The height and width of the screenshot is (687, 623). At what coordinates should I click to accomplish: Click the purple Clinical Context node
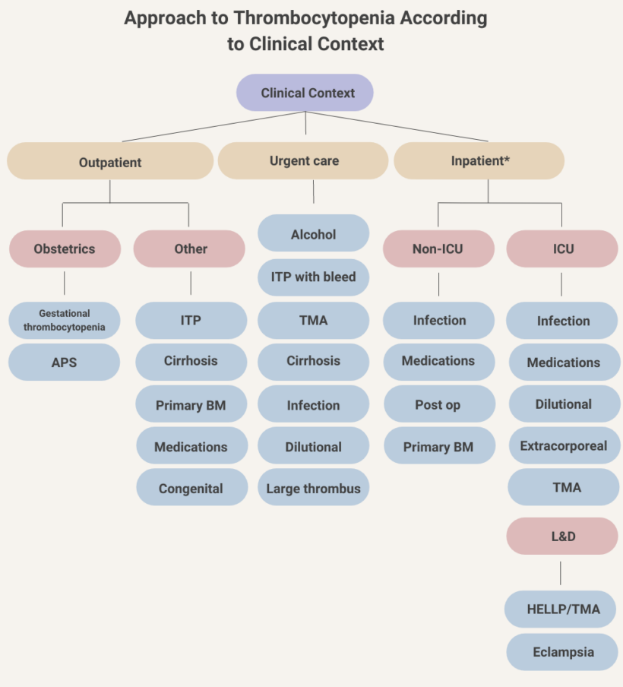coord(305,93)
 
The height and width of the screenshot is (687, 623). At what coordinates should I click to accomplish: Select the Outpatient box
coord(110,161)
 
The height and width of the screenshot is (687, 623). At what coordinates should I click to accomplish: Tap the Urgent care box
coord(303,161)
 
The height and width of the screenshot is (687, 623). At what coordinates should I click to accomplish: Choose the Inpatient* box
coord(479,161)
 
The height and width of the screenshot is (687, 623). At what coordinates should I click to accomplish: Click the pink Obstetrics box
coord(65,249)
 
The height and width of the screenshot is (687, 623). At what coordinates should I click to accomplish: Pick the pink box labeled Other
coord(190,249)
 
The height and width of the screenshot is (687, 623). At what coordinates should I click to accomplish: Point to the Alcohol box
coord(313,234)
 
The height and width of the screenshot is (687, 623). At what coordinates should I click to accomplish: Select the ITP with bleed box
coord(313,277)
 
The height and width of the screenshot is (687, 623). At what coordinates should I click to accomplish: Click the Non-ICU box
coord(438,249)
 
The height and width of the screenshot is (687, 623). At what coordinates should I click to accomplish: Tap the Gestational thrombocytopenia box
coord(65,320)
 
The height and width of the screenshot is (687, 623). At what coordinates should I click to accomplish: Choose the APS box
coord(65,362)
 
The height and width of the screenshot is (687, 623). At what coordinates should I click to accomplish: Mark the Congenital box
coord(191,488)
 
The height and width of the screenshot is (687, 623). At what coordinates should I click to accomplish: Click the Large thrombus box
coord(313,488)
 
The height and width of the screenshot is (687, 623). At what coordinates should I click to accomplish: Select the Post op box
coord(438,404)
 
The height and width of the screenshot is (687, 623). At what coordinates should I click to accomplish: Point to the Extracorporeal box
coord(563,446)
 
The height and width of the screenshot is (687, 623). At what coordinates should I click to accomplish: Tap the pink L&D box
coord(562,536)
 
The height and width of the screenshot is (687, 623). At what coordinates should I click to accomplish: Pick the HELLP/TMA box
coord(562,609)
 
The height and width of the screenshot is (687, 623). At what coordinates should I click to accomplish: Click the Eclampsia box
coord(562,651)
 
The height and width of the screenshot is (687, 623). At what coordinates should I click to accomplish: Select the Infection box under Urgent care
coord(313,404)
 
